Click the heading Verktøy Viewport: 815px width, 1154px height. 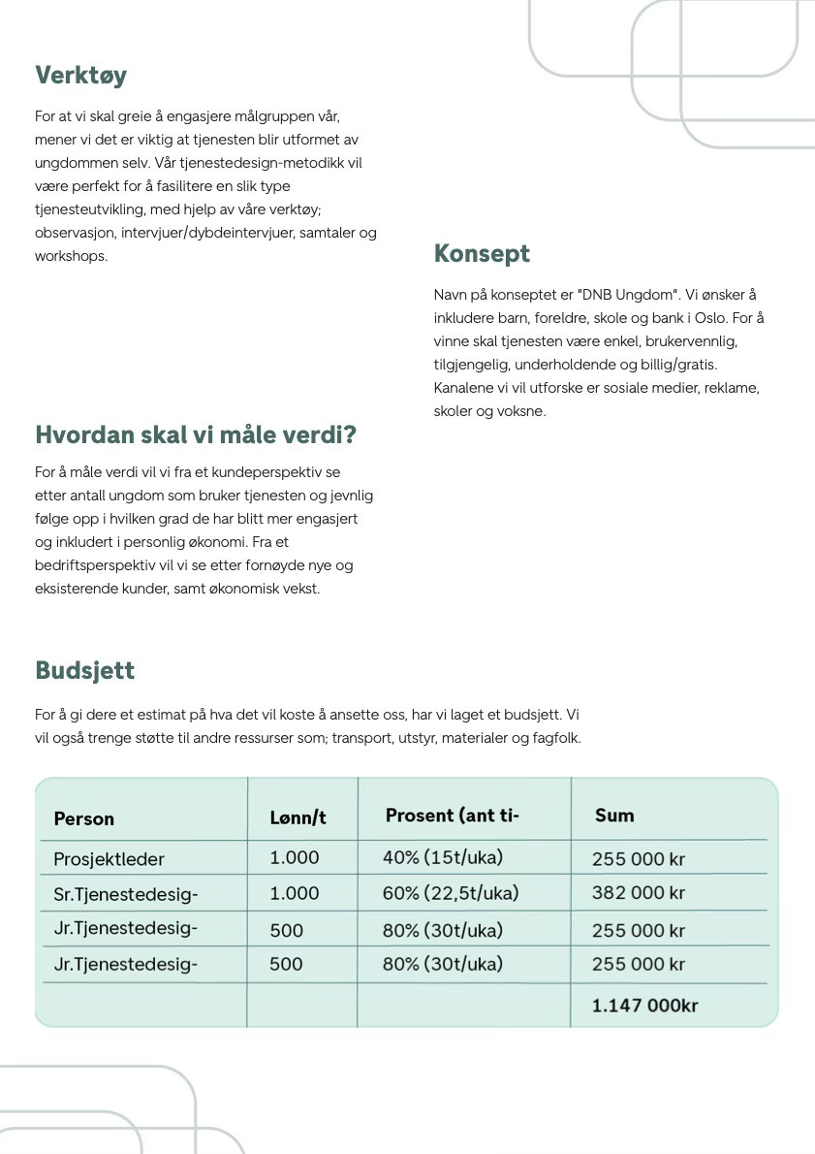[80, 75]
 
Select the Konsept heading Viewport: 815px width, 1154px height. [482, 253]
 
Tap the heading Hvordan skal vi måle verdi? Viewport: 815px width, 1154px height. [196, 434]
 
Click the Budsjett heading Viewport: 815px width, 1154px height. [84, 670]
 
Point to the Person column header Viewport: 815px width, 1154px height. [84, 818]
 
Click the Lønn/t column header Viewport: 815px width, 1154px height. [298, 817]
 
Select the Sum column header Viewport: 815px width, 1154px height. [614, 816]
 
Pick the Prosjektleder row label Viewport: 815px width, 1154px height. [110, 858]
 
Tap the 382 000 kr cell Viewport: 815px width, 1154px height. [639, 893]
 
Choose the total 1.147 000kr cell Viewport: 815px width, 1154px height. [644, 1006]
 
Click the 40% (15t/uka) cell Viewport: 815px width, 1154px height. [443, 857]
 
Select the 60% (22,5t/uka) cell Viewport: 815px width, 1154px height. [451, 893]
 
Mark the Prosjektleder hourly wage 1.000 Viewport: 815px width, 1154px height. [295, 857]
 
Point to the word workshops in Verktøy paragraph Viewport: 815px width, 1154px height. [71, 256]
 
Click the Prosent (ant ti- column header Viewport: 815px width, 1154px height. [453, 816]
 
